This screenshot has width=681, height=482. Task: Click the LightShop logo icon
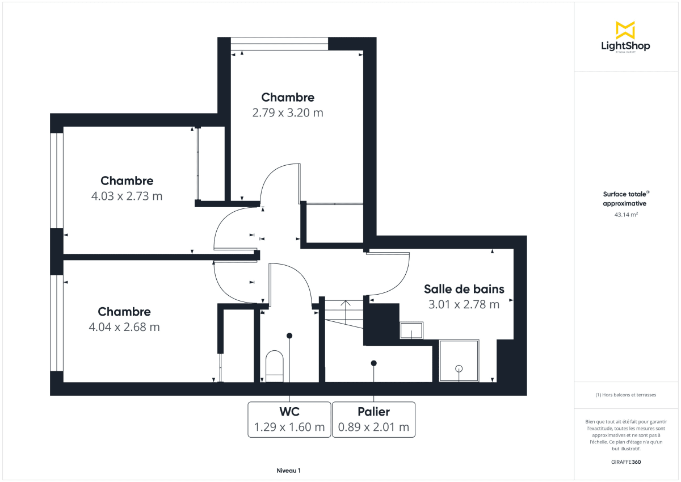[x=625, y=30]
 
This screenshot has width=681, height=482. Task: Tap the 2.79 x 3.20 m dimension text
[x=288, y=112]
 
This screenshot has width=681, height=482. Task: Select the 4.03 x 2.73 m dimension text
[x=127, y=196]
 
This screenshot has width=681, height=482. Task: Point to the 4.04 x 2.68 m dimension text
[x=124, y=327]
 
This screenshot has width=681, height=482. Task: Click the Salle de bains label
[x=464, y=289]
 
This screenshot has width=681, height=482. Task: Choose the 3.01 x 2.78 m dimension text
[x=464, y=304]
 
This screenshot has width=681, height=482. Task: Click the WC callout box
[x=289, y=420]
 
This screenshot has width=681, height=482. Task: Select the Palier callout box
[x=373, y=420]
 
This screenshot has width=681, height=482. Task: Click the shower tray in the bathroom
[x=459, y=361]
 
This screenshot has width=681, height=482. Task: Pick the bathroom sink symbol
[x=411, y=330]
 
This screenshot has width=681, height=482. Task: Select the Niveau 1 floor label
[x=288, y=471]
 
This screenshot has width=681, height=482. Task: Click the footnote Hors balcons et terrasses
[x=625, y=395]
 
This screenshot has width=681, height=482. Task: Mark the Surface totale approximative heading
[x=625, y=198]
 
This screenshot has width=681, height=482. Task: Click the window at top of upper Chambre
[x=279, y=44]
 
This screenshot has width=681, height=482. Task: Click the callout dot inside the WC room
[x=289, y=336]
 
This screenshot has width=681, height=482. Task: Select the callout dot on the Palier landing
[x=373, y=363]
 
